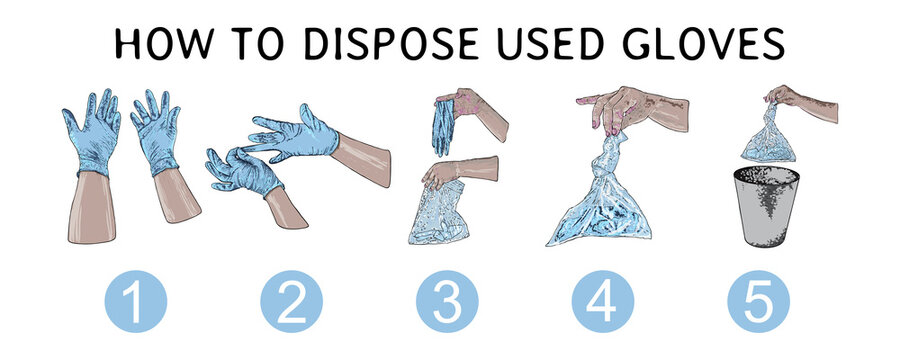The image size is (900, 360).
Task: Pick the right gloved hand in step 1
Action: pos(156,130)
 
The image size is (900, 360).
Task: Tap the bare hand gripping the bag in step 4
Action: pos(625,108)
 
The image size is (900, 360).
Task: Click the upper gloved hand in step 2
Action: pos(295,135)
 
